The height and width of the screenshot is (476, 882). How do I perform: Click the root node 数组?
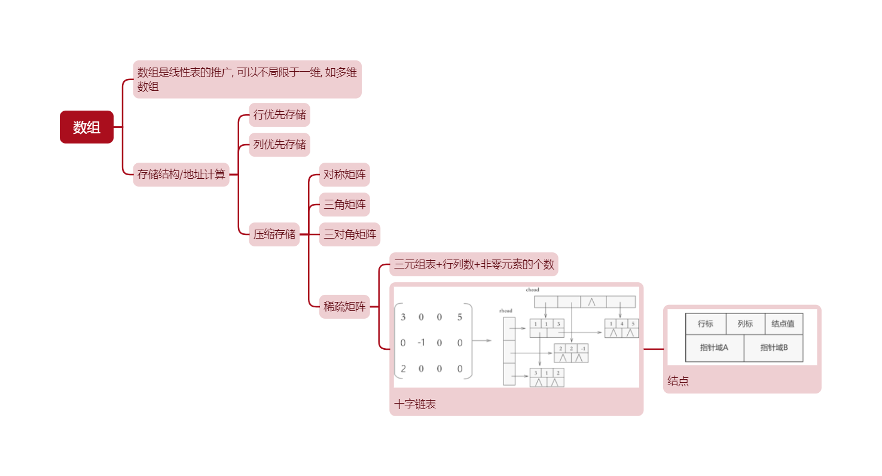pyautogui.click(x=87, y=127)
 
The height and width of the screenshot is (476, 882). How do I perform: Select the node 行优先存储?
pyautogui.click(x=279, y=115)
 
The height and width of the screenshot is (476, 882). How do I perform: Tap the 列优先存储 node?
pyautogui.click(x=279, y=145)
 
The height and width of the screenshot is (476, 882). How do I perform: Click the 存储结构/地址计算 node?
pyautogui.click(x=181, y=175)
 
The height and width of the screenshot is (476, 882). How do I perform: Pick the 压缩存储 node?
pyautogui.click(x=274, y=234)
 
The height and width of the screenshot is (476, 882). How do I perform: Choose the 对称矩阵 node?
pyautogui.click(x=344, y=175)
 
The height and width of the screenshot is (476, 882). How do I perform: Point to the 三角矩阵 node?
pyautogui.click(x=344, y=205)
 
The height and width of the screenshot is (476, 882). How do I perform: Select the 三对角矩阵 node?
pyautogui.click(x=350, y=234)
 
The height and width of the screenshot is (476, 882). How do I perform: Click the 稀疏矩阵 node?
pyautogui.click(x=344, y=307)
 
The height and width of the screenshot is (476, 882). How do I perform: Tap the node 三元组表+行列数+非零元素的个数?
pyautogui.click(x=474, y=264)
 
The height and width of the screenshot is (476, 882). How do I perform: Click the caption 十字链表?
pyautogui.click(x=416, y=404)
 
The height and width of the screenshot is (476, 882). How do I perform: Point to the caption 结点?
pyautogui.click(x=678, y=382)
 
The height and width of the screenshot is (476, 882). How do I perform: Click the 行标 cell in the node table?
pyautogui.click(x=706, y=324)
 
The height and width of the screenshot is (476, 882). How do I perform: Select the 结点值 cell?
pyautogui.click(x=783, y=324)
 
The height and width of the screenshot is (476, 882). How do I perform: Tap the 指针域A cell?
pyautogui.click(x=715, y=347)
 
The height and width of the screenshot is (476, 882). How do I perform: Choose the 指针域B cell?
pyautogui.click(x=774, y=347)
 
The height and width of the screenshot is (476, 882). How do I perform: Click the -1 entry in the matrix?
pyautogui.click(x=421, y=343)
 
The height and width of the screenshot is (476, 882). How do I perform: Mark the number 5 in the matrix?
pyautogui.click(x=459, y=317)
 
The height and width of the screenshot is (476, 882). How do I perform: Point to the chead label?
pyautogui.click(x=532, y=290)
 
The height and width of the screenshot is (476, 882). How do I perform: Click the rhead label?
pyautogui.click(x=506, y=311)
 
